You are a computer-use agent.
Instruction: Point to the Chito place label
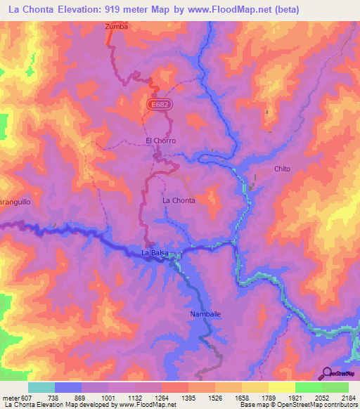coord(282,169)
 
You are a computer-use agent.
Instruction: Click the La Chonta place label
coord(179,200)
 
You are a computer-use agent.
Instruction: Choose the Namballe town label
coord(206,314)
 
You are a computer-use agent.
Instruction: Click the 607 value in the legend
coord(27,397)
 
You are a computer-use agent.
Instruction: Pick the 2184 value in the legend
coord(349,397)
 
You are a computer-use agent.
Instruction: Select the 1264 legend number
coord(161,397)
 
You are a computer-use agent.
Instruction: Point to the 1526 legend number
coord(214,397)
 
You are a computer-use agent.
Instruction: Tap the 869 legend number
coord(80,397)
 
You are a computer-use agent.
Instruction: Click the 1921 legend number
coord(295,397)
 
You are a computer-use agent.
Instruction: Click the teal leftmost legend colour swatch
coord(41,387)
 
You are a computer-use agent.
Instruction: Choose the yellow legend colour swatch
coord(281,387)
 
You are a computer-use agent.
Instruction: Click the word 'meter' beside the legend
coord(10,397)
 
